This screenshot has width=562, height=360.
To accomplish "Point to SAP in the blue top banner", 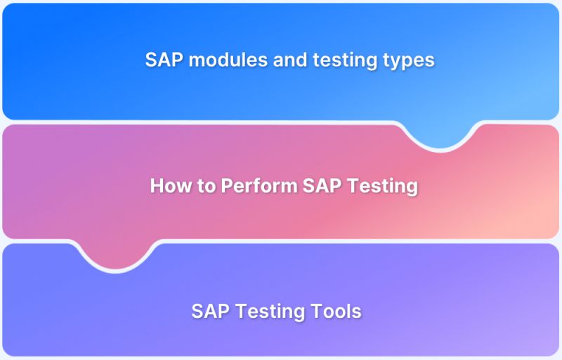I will point(162,60).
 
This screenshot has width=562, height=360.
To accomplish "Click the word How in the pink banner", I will point(168,186).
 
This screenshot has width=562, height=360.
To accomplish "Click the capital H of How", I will point(157,186).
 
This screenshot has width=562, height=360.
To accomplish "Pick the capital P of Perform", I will point(227,186).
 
